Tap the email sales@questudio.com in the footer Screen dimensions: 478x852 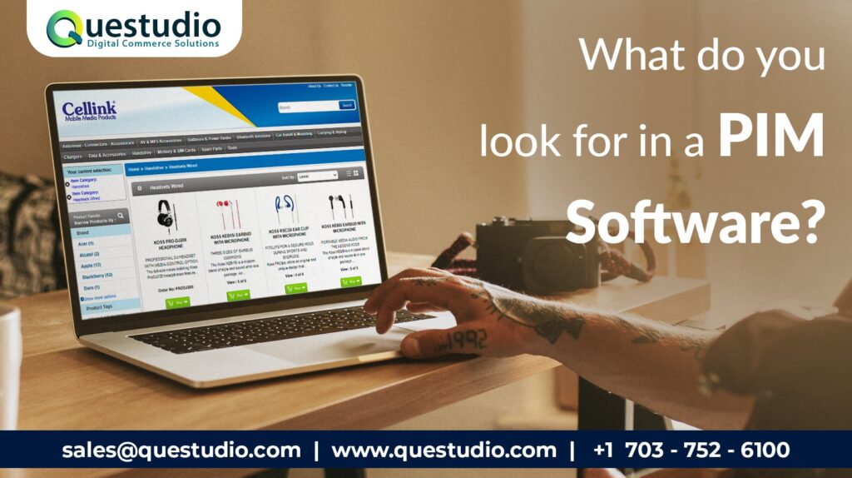pyautogui.click(x=181, y=451)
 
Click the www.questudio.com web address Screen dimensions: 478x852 pyautogui.click(x=443, y=451)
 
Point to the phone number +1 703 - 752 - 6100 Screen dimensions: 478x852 pyautogui.click(x=691, y=451)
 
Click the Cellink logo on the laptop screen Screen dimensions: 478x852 pyautogui.click(x=89, y=110)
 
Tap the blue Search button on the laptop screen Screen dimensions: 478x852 pyautogui.click(x=347, y=105)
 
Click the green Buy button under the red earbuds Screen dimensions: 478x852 pyautogui.click(x=240, y=295)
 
